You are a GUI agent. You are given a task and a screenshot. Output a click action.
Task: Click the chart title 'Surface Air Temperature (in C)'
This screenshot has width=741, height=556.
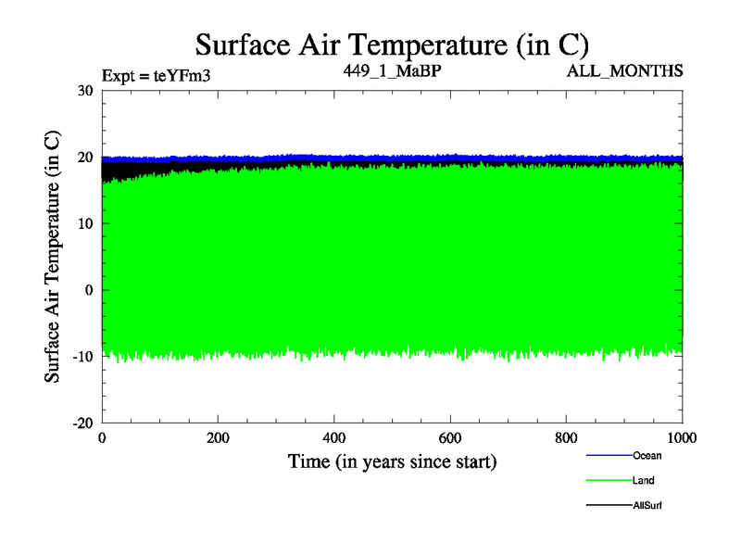(x=392, y=44)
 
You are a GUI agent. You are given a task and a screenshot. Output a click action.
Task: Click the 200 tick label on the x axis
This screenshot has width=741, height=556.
(x=218, y=438)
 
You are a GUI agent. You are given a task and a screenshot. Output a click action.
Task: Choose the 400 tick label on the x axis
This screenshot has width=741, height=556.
(x=334, y=438)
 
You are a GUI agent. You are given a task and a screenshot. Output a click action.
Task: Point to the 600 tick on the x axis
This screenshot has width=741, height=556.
(x=450, y=438)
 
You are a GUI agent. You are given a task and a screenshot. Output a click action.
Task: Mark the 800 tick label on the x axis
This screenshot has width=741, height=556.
(x=567, y=438)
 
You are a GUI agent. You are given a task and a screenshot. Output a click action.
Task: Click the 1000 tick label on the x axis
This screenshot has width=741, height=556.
(x=683, y=438)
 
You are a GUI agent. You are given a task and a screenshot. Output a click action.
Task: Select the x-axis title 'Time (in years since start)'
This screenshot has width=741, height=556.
(x=392, y=461)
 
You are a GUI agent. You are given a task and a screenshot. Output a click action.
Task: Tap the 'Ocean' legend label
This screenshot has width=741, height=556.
(x=647, y=455)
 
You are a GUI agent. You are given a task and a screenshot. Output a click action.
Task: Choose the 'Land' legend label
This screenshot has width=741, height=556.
(x=645, y=480)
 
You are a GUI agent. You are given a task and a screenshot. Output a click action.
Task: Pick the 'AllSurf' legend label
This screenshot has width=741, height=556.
(x=648, y=505)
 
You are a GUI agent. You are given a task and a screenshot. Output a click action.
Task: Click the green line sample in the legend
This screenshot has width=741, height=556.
(x=609, y=481)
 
